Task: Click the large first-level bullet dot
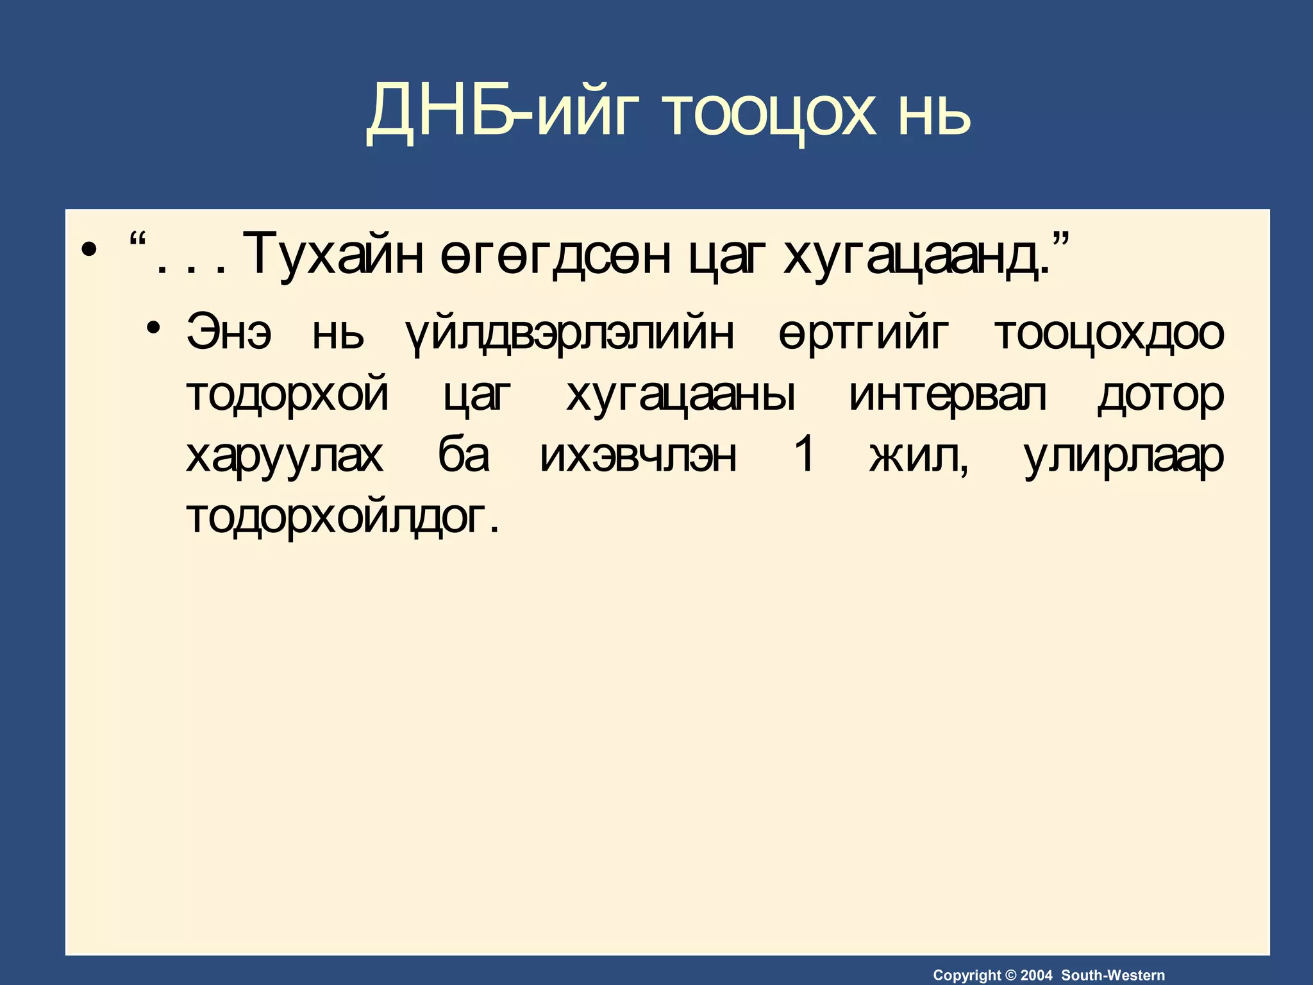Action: [90, 249]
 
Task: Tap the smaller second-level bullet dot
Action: [153, 328]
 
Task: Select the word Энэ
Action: [229, 333]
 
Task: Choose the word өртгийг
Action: [863, 333]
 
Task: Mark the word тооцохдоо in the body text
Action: [1109, 333]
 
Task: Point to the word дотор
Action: [1160, 394]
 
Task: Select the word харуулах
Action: [285, 456]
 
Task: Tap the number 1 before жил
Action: [804, 455]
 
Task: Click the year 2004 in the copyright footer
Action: [1036, 975]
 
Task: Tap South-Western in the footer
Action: [1113, 975]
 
